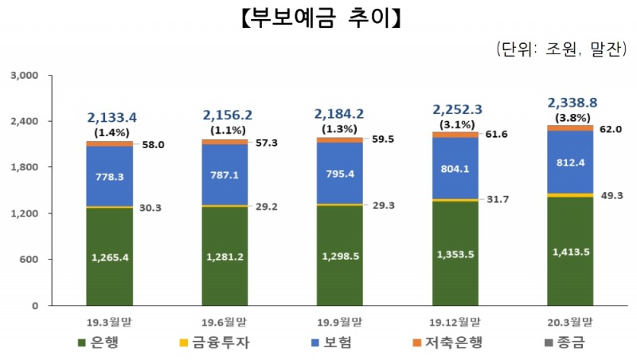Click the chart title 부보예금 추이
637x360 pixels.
point(318,18)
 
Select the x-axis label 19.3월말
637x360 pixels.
point(110,322)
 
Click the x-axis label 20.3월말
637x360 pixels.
point(571,322)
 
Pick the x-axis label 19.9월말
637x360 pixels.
point(340,322)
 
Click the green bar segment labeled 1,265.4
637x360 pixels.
point(110,256)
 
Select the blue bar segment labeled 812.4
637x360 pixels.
point(571,162)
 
